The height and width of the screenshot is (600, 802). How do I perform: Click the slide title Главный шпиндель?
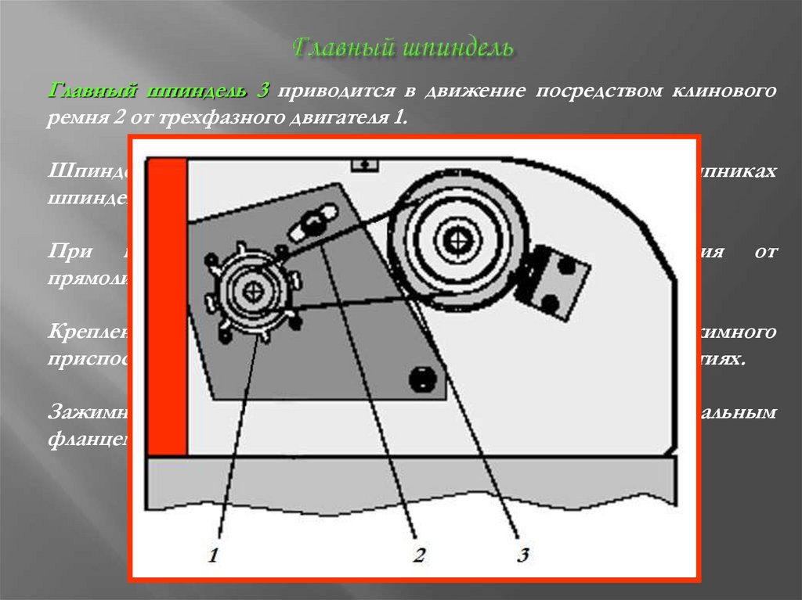[x=403, y=48]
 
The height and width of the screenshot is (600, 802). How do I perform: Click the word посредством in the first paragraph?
[x=598, y=91]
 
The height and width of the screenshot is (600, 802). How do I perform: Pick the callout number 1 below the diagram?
[x=214, y=556]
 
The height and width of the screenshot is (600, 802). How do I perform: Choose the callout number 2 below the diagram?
[x=418, y=556]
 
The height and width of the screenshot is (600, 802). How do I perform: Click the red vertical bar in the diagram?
[x=167, y=306]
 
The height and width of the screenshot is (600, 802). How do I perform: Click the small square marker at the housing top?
[x=364, y=163]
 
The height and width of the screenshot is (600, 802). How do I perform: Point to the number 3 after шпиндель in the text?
[x=261, y=91]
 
